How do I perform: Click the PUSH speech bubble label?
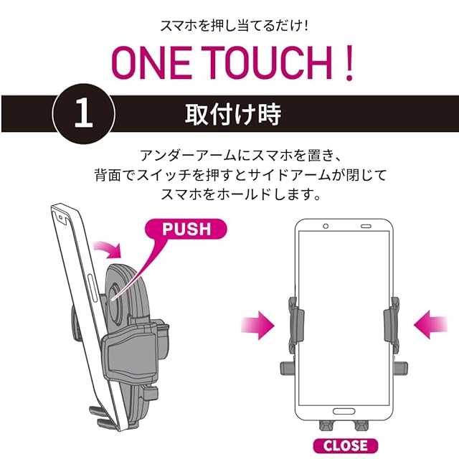pyautogui.click(x=186, y=229)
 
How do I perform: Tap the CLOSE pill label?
pyautogui.click(x=346, y=445)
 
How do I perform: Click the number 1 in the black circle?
pyautogui.click(x=83, y=113)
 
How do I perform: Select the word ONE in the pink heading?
pyautogui.click(x=151, y=63)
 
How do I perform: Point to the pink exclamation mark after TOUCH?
pyautogui.click(x=349, y=63)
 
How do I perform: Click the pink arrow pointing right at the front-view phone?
pyautogui.click(x=257, y=325)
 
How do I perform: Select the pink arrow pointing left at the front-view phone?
pyautogui.click(x=430, y=325)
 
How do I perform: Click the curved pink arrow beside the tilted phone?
pyautogui.click(x=109, y=249)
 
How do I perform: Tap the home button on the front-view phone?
pyautogui.click(x=344, y=411)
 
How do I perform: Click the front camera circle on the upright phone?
pyautogui.click(x=326, y=227)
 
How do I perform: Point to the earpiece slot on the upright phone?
pyautogui.click(x=366, y=227)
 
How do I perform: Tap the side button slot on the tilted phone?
pyautogui.click(x=93, y=289)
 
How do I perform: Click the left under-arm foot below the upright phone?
pyautogui.click(x=326, y=425)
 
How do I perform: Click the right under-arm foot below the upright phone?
pyautogui.click(x=361, y=425)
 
